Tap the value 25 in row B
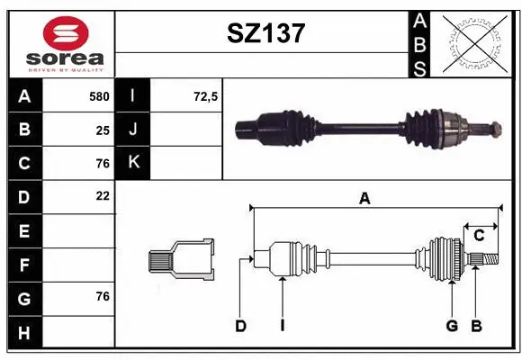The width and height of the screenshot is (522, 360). [x=103, y=130]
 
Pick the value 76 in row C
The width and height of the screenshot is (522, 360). [x=103, y=163]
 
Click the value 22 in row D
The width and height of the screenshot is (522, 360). [x=103, y=195]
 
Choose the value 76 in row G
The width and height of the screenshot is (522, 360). [x=103, y=296]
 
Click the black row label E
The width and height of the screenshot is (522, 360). [x=24, y=231]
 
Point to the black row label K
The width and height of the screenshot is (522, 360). [x=133, y=163]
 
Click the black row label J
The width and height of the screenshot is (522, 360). [x=133, y=130]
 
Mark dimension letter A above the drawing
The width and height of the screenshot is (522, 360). [x=364, y=199]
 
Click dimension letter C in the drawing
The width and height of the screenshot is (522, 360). [x=479, y=235]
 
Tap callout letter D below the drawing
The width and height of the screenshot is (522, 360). [x=240, y=326]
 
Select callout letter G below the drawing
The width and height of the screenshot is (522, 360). [x=452, y=326]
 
